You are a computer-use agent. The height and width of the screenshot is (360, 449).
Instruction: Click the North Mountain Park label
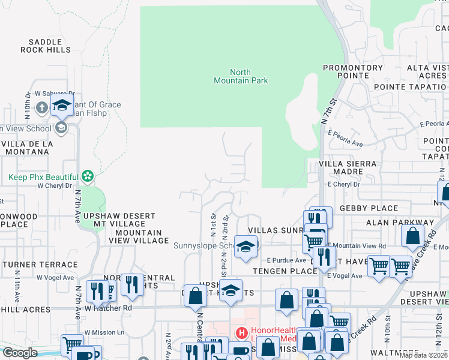[x=241, y=76]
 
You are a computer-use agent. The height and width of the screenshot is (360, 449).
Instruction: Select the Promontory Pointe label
[x=353, y=72]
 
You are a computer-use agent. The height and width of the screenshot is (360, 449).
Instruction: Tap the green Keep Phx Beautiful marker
[x=88, y=176]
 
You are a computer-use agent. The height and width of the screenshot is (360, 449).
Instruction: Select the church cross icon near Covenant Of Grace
[x=41, y=109]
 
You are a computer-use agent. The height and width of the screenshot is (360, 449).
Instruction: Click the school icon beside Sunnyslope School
[x=244, y=247]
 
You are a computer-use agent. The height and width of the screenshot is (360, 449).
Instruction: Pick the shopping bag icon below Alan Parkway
[x=412, y=236]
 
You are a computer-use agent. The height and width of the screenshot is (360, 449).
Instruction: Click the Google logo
[x=20, y=353]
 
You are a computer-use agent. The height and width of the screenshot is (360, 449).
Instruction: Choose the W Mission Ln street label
[x=104, y=332]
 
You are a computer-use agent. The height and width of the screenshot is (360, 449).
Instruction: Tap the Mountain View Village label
[x=139, y=236]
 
